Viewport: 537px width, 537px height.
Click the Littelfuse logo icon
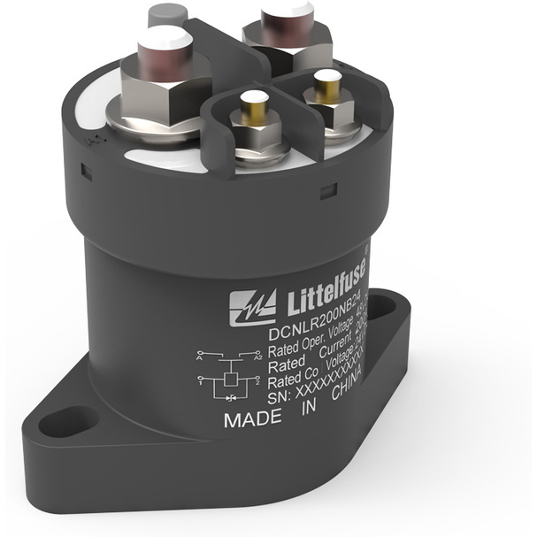(x=253, y=306)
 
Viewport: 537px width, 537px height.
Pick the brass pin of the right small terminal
(x=326, y=87)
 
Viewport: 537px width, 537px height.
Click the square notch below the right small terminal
(x=327, y=190)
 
